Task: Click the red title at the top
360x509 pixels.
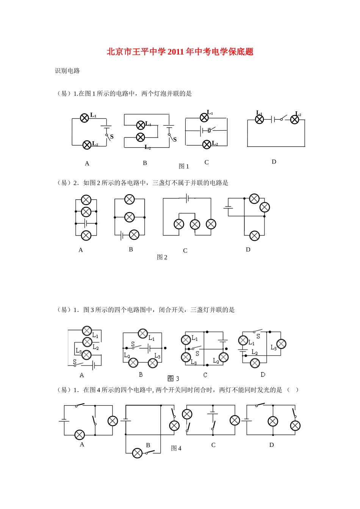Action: pyautogui.click(x=180, y=52)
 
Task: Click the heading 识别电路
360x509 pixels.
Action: pyautogui.click(x=67, y=71)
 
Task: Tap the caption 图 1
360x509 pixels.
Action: pyautogui.click(x=184, y=166)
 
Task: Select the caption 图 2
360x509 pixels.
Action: pyautogui.click(x=162, y=257)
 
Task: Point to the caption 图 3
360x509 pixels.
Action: pyautogui.click(x=173, y=378)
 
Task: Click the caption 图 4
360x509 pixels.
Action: pyautogui.click(x=176, y=448)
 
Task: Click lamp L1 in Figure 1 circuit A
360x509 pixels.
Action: pyautogui.click(x=85, y=118)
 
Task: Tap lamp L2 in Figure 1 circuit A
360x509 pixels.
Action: pyautogui.click(x=87, y=145)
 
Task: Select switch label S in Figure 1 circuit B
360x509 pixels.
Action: pyautogui.click(x=175, y=140)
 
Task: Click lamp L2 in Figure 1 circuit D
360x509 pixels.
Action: pyautogui.click(x=294, y=120)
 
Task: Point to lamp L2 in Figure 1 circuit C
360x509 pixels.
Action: pyautogui.click(x=207, y=144)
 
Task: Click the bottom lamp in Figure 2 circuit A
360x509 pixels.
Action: pyautogui.click(x=86, y=236)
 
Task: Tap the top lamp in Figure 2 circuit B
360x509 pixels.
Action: pyautogui.click(x=130, y=199)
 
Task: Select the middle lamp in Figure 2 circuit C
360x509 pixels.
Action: pyautogui.click(x=195, y=225)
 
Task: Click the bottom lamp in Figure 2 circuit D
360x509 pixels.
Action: pyautogui.click(x=255, y=236)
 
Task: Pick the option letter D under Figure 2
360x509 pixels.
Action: pyautogui.click(x=248, y=250)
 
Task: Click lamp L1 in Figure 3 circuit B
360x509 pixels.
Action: pyautogui.click(x=143, y=333)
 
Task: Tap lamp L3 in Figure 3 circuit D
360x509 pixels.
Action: pyautogui.click(x=281, y=344)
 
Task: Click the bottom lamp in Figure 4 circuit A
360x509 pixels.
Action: pyautogui.click(x=80, y=435)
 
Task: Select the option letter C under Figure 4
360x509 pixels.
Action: pyautogui.click(x=213, y=445)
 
